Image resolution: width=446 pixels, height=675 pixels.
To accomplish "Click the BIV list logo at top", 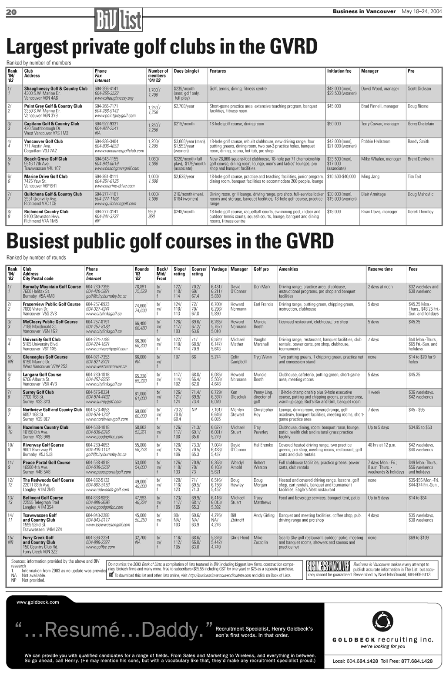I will (118, 20).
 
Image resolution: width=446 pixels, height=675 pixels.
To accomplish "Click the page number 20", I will (11, 12).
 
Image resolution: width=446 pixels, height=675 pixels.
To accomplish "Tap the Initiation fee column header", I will (339, 71).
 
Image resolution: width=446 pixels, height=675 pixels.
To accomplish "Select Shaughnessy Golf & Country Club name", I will (56, 89).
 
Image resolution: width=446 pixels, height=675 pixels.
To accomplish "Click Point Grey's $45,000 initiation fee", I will (334, 106).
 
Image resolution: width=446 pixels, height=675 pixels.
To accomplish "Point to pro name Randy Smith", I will (418, 141).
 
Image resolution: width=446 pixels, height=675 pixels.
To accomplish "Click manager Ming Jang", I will (370, 177).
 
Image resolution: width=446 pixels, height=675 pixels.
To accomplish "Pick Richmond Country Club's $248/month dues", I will (184, 212).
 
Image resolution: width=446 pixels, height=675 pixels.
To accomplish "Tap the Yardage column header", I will (219, 269).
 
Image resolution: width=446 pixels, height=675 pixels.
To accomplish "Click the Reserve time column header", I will (380, 269).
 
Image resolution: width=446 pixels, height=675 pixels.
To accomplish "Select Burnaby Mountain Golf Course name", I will (52, 287).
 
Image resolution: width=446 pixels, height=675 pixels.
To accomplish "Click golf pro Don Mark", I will (262, 287).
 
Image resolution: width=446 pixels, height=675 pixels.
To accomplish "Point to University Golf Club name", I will (42, 339).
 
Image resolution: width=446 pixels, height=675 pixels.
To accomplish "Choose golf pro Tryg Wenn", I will (262, 357).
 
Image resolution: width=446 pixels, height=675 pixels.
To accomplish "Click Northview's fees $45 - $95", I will (416, 410).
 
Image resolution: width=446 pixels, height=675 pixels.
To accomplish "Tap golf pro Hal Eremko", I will (263, 445).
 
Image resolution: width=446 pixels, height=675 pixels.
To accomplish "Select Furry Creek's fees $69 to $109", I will (418, 538).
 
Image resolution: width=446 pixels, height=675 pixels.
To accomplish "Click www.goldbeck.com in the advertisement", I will (37, 602).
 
